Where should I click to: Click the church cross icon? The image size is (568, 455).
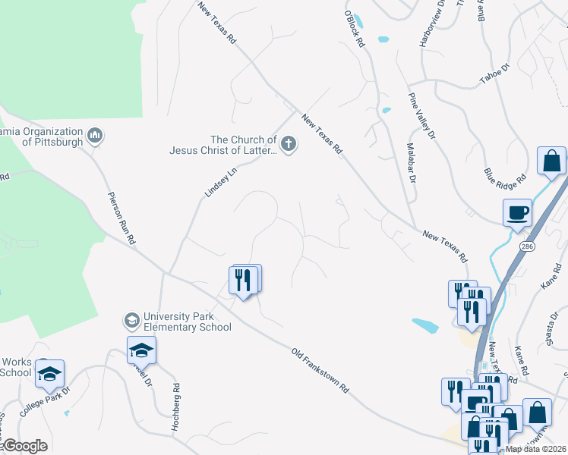(288, 144)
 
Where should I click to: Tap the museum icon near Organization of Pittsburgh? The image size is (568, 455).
(96, 136)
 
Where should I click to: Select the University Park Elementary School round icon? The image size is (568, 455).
(132, 322)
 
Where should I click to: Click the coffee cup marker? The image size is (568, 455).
(517, 212)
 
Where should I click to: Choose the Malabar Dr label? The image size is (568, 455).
(411, 163)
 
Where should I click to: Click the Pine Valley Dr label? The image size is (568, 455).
(421, 115)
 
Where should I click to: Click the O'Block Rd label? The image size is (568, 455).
(355, 30)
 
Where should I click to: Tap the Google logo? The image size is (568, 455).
(24, 446)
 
